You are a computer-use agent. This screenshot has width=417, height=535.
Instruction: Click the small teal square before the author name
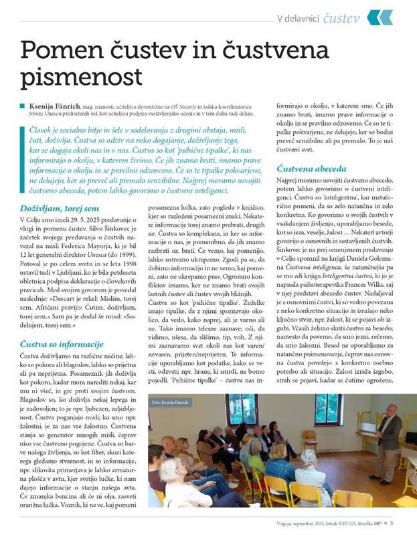(x=23, y=105)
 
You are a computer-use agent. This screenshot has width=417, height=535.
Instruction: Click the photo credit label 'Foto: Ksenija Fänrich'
(x=171, y=383)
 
